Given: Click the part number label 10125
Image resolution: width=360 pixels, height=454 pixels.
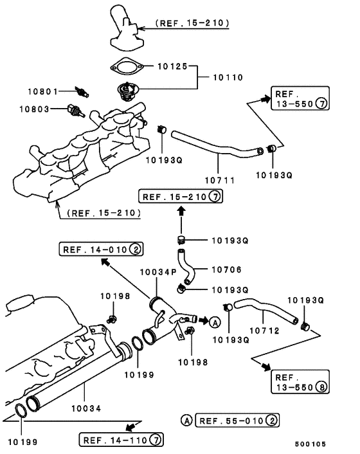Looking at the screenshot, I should [x=169, y=66].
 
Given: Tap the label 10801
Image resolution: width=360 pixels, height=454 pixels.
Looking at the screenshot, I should [x=44, y=91].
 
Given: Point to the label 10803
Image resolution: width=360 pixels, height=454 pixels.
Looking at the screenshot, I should [x=44, y=109].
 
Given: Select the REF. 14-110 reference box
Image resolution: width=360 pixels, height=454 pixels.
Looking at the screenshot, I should [x=121, y=440].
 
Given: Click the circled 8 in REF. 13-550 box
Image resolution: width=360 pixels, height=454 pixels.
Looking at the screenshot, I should [x=321, y=388].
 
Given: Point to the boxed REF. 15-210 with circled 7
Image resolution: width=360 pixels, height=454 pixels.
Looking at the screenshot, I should [x=181, y=197].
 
